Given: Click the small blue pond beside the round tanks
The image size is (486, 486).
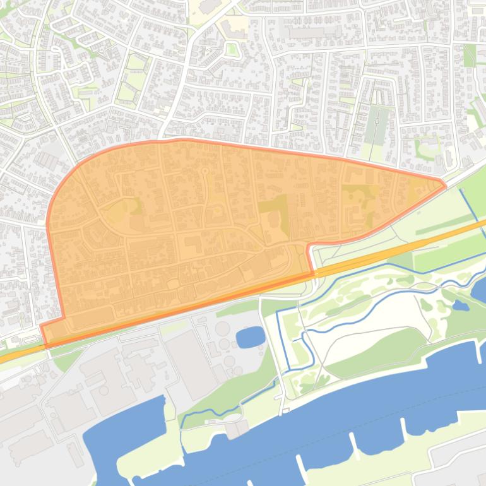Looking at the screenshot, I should pyautogui.click(x=251, y=336).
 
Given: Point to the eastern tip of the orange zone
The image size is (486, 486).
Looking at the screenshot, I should pyautogui.click(x=444, y=185).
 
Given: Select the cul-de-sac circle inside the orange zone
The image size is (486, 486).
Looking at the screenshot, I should pyautogui.click(x=204, y=171).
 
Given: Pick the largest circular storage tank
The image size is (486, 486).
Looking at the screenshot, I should pyautogui.click(x=223, y=329).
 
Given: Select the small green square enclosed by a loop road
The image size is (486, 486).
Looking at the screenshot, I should pyautogui.click(x=232, y=49).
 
